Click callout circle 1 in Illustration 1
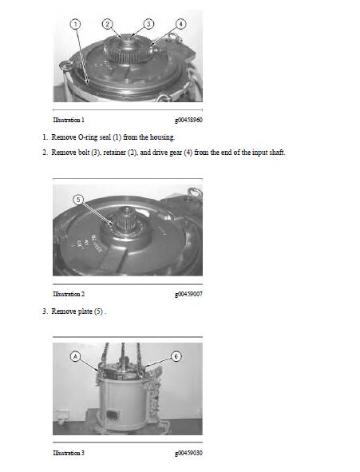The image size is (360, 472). [76, 25]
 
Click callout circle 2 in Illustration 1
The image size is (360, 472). [108, 25]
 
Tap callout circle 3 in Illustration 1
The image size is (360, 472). [148, 25]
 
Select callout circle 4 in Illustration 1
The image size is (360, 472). [180, 25]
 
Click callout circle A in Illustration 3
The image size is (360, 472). [77, 357]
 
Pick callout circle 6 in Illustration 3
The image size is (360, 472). [176, 357]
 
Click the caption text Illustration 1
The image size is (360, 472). [69, 120]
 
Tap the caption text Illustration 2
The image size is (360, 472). [69, 294]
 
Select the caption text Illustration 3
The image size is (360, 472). [69, 454]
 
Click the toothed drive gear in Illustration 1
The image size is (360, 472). [129, 47]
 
